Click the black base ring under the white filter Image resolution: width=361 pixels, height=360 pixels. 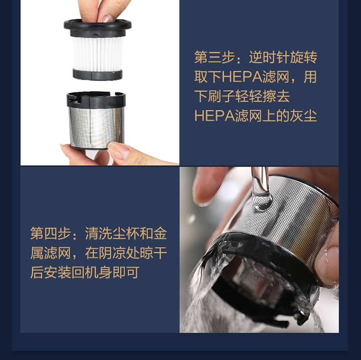tap(98, 74)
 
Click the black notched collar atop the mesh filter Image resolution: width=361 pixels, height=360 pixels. tap(96, 100)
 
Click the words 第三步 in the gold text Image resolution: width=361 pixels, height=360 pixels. tap(214, 57)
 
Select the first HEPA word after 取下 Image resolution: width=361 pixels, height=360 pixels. tap(242, 77)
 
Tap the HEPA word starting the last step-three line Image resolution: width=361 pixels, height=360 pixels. tap(214, 116)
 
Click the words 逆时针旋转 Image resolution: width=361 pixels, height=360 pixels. tap(283, 57)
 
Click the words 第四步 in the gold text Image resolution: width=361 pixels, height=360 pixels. tap(51, 233)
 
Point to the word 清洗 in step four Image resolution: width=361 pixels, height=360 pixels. tap(99, 233)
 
